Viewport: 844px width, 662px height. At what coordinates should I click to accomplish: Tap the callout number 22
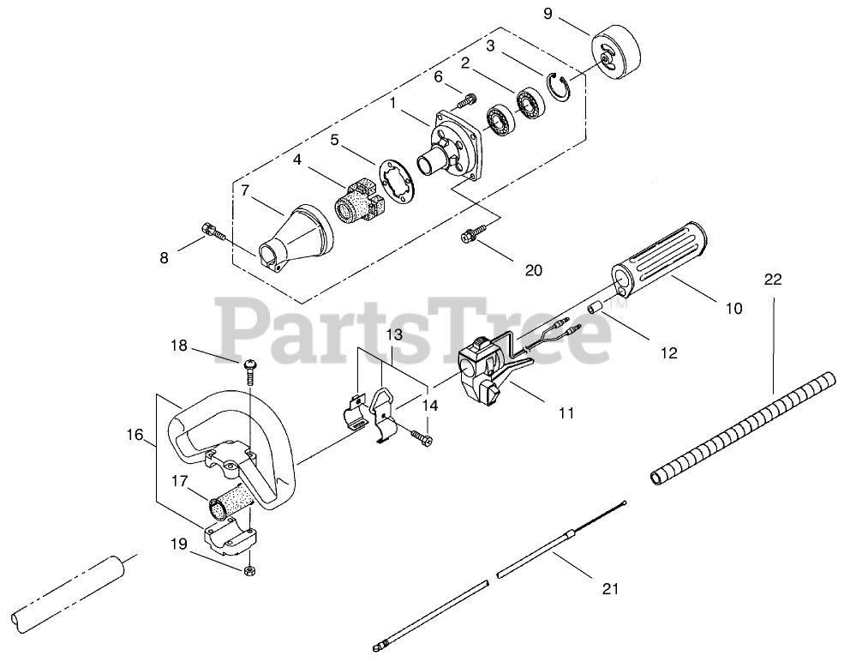(x=773, y=280)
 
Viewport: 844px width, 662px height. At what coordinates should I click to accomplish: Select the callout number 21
(x=609, y=589)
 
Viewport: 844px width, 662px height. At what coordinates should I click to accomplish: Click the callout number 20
(x=533, y=270)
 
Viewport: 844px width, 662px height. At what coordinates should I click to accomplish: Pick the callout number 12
(x=668, y=352)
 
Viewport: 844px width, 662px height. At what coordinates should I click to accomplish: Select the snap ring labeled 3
(x=558, y=87)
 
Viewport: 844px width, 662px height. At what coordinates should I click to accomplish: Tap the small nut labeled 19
(x=249, y=570)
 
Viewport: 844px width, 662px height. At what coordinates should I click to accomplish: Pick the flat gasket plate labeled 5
(x=397, y=179)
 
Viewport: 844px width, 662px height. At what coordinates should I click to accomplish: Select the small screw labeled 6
(x=466, y=99)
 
